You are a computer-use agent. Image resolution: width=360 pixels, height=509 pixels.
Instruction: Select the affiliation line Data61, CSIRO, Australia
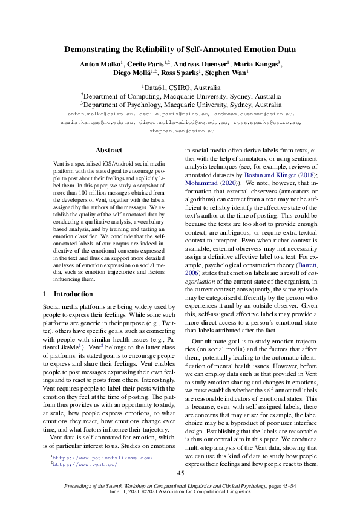181,87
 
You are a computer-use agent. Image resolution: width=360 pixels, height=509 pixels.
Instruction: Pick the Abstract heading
109,150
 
